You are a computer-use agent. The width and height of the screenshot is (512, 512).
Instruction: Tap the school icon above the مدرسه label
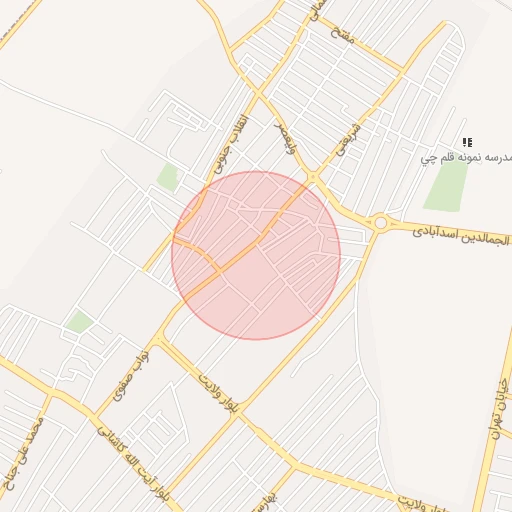coord(468,143)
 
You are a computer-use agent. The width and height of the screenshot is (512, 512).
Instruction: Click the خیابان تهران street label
coord(499,386)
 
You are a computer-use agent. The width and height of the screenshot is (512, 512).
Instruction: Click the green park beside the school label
coord(447,186)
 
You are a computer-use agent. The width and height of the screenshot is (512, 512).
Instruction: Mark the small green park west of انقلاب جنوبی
coord(168,178)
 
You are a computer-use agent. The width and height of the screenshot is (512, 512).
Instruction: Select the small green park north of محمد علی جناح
coord(79,322)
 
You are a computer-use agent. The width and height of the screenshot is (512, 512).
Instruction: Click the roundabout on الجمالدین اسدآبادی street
coord(380,223)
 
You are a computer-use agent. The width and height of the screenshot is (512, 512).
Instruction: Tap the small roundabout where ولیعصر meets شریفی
coord(313,178)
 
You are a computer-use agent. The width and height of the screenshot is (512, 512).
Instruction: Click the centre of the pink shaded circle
coord(256,255)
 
